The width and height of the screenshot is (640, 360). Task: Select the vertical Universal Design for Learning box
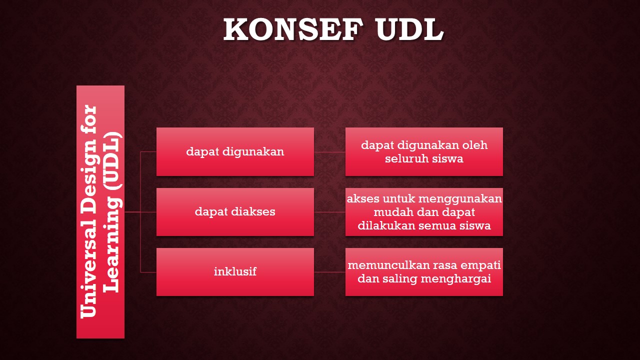click(100, 211)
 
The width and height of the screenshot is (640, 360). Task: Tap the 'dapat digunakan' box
click(235, 151)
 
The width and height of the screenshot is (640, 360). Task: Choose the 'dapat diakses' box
click(235, 211)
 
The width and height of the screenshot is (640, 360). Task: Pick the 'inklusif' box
click(235, 272)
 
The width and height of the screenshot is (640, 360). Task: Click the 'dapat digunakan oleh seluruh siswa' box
click(424, 151)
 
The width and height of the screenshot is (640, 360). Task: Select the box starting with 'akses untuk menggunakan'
click(424, 211)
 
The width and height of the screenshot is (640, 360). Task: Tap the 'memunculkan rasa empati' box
click(424, 272)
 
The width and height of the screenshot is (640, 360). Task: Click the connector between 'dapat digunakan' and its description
click(329, 151)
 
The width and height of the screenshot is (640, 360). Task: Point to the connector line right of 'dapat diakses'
click(329, 212)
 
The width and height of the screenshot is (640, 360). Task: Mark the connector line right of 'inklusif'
click(329, 272)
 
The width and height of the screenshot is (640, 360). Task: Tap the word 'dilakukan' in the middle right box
click(379, 226)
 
